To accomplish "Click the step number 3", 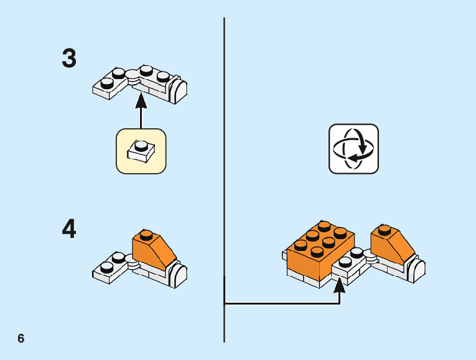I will tap(69, 59).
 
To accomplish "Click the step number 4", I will tap(69, 229).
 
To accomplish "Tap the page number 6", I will tap(21, 339).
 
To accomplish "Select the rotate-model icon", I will tap(353, 149).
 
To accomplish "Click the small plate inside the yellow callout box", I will tap(141, 150).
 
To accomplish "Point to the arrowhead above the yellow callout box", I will tap(141, 99).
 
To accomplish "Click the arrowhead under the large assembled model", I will tap(339, 286).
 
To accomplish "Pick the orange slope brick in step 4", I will tap(153, 250).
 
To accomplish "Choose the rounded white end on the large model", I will tap(417, 270).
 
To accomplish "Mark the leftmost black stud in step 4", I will tap(107, 267).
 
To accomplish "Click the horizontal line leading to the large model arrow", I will tap(280, 304).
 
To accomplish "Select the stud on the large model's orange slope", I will tap(385, 229).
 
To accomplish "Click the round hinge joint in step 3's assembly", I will tap(133, 75).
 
